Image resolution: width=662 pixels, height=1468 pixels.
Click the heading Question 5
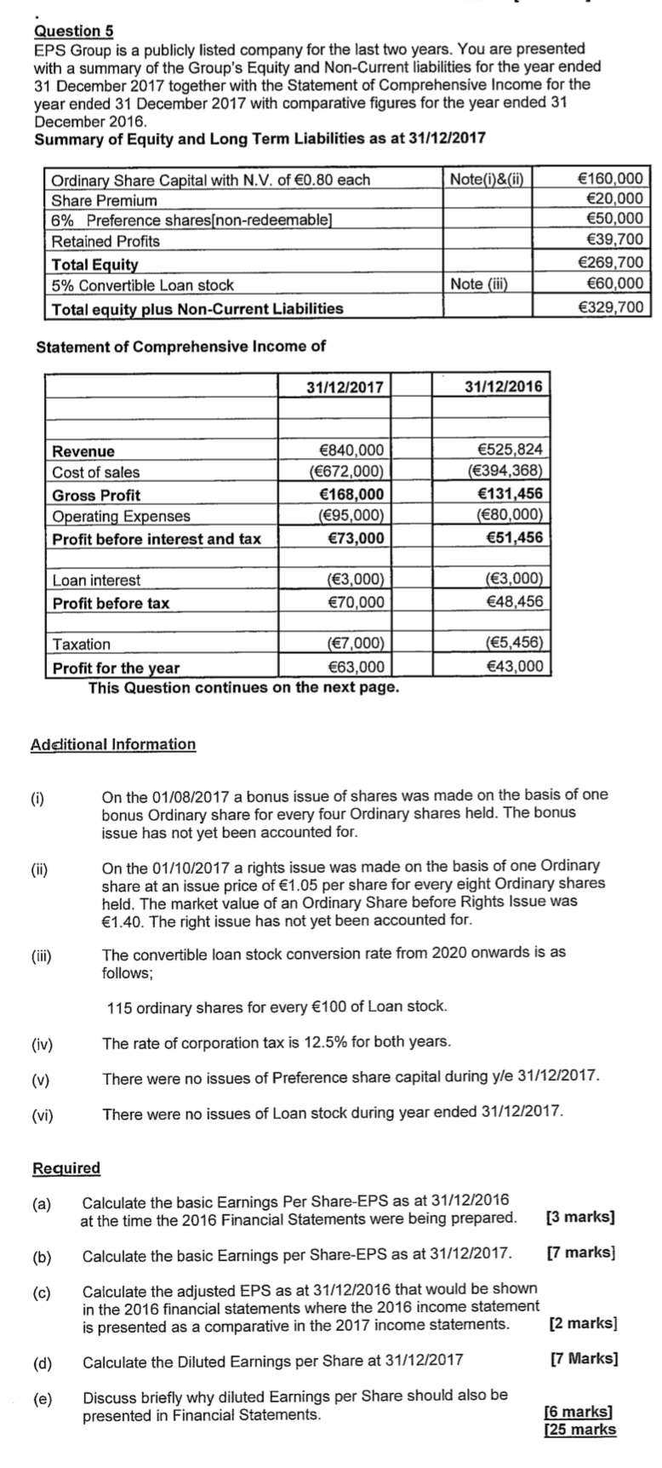tap(73, 31)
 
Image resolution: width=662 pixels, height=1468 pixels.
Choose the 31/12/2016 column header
tap(504, 387)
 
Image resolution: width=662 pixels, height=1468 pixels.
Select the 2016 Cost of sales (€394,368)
tap(505, 472)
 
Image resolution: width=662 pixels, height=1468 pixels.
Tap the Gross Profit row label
tap(96, 495)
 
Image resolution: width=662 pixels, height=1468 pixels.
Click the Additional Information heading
tap(113, 744)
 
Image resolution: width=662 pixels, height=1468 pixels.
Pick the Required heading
tap(66, 1167)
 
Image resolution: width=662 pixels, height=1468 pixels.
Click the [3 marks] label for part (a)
tap(580, 1216)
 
